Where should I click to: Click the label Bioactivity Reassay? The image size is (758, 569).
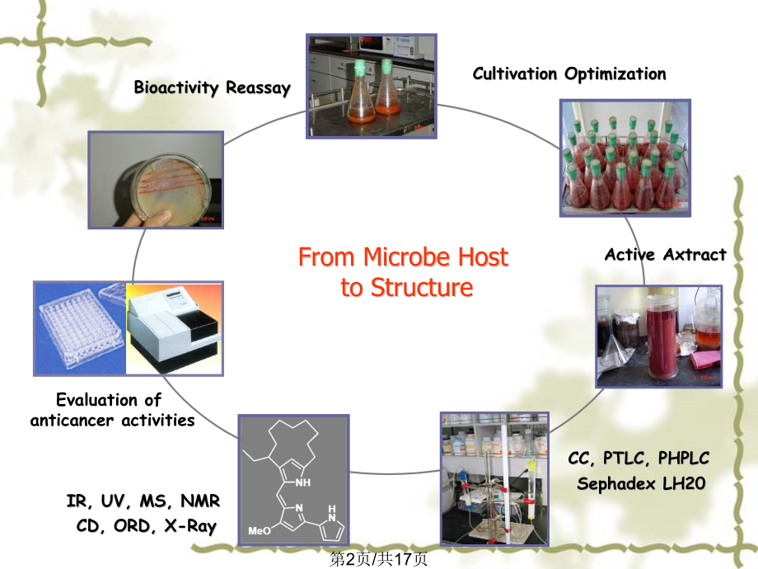pos(213,89)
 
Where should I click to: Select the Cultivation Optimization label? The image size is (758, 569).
pos(569,73)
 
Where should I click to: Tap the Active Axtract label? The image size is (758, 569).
pos(666,255)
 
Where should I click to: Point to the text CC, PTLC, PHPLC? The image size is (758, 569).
pos(639,458)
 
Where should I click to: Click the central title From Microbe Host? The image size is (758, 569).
pos(403,258)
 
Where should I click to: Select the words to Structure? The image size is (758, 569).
pos(407,288)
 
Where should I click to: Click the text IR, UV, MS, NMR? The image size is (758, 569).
pos(143,501)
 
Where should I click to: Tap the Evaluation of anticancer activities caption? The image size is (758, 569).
pos(113,411)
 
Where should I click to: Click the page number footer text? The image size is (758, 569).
pos(378,559)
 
